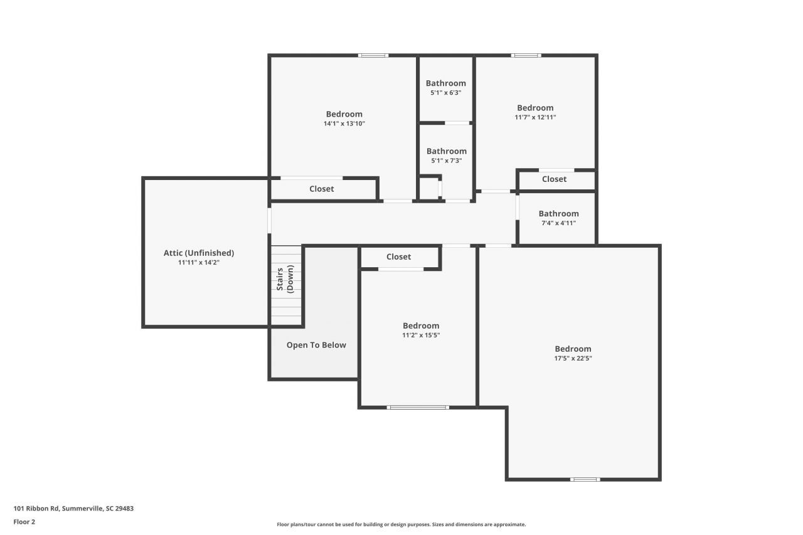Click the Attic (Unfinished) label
point(198,253)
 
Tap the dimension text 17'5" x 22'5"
point(573,359)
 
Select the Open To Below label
point(316,345)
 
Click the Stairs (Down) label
point(285,280)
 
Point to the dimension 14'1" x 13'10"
point(344,124)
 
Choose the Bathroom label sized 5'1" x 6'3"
point(445,83)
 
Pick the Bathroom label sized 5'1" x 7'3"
point(446,151)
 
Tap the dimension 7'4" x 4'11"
point(558,223)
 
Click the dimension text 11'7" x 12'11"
point(535,117)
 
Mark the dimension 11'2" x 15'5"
point(421,335)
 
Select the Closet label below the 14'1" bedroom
point(321,189)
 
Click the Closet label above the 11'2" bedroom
point(398,257)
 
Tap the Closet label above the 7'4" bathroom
point(554,179)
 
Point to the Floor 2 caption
point(24,521)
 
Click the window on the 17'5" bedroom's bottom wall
point(585,479)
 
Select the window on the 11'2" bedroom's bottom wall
point(418,407)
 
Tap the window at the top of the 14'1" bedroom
point(373,56)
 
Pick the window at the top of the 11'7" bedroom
point(526,56)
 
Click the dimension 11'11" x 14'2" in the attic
point(198,263)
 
